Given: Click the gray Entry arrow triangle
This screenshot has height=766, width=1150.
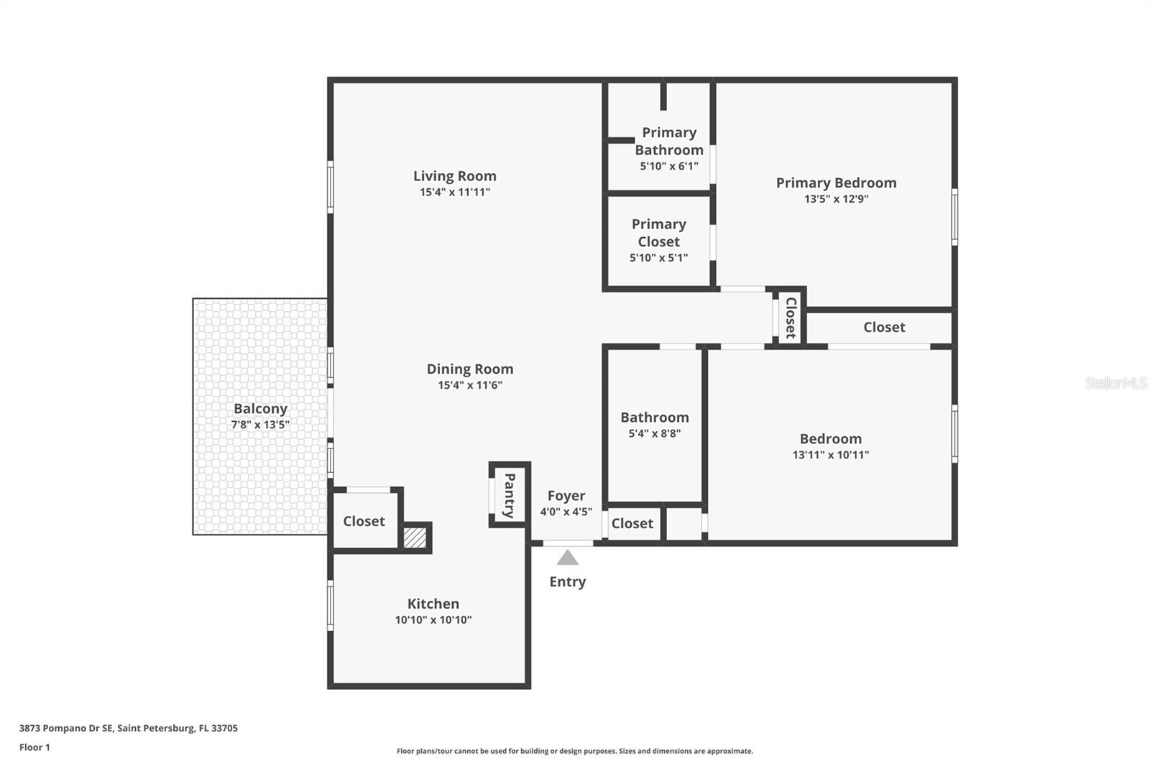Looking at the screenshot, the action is [x=567, y=558].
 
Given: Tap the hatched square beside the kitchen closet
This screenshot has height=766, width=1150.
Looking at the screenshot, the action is [x=415, y=537].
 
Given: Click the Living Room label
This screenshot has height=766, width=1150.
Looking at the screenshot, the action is [x=455, y=176].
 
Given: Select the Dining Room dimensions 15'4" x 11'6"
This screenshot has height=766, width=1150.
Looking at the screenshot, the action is [x=470, y=385].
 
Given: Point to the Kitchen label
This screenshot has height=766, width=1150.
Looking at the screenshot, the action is [x=433, y=604].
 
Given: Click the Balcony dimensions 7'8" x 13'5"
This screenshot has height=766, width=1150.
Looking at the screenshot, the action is [x=260, y=425].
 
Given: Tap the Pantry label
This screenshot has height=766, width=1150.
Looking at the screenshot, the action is [x=510, y=495].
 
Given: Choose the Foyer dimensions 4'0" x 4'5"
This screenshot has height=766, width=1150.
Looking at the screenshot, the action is [x=566, y=512].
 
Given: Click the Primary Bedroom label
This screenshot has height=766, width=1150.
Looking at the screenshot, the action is [x=837, y=183].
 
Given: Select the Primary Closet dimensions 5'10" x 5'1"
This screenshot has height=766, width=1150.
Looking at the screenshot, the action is [x=658, y=258].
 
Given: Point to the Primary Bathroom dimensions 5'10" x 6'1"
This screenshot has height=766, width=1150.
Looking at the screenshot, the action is [x=669, y=166].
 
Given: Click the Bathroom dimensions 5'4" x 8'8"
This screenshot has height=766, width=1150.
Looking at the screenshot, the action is [x=655, y=433].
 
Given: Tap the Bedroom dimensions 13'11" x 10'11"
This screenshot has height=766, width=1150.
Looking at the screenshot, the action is [x=831, y=455].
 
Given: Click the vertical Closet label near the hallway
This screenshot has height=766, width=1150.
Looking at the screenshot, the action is [x=791, y=318].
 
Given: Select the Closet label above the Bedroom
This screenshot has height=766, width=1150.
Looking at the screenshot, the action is [x=884, y=327].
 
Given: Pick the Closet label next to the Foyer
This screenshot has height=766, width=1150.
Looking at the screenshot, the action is [x=632, y=523].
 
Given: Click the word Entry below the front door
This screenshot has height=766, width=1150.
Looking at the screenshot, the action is [x=567, y=582].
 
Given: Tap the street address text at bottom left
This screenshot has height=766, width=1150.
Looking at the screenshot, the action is [x=129, y=728].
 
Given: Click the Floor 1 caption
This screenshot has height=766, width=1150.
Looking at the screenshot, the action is [x=34, y=747].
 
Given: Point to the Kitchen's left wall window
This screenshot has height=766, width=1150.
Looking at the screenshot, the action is [x=331, y=605].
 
